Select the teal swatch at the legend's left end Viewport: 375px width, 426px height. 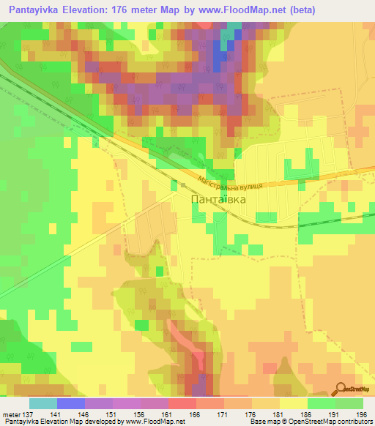point(43,403)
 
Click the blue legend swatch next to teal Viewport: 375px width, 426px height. point(71,403)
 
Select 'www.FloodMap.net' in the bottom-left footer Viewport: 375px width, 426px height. point(154,422)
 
